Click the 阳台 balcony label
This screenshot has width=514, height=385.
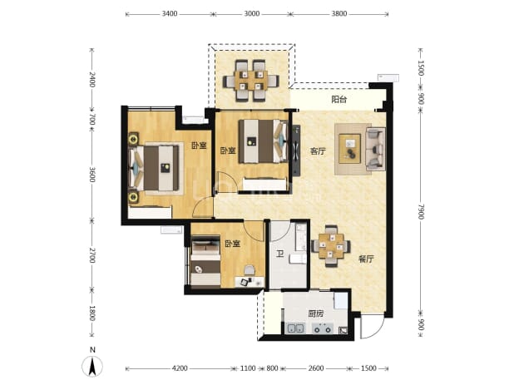point(339,99)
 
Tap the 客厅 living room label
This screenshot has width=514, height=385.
point(318,151)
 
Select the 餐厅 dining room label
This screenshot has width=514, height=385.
point(366,259)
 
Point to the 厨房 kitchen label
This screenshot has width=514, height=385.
point(316,313)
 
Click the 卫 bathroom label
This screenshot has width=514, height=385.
point(279,254)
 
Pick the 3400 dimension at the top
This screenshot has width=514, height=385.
point(170,14)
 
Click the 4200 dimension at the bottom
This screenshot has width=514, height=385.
point(180,368)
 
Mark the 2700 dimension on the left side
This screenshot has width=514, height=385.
point(92,255)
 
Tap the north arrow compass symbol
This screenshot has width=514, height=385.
point(92,366)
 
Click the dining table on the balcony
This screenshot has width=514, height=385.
point(251,81)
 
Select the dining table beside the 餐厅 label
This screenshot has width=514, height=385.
point(331,246)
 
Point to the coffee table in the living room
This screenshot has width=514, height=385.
point(350,149)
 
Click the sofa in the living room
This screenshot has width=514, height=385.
point(375,149)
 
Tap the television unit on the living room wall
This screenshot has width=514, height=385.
point(296,151)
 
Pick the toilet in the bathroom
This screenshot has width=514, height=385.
point(298,259)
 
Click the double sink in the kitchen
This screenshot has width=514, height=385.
point(295,328)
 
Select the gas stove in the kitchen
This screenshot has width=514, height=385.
point(322,328)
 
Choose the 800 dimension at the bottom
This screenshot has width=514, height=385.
point(272,368)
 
